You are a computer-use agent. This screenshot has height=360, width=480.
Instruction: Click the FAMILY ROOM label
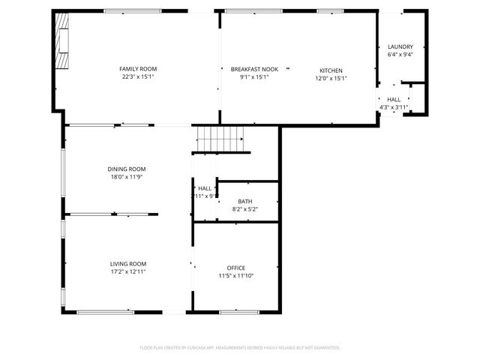(x=138, y=69)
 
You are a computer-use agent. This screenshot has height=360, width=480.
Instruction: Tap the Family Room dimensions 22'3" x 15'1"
(x=138, y=76)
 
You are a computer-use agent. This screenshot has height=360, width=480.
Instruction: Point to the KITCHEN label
(x=331, y=70)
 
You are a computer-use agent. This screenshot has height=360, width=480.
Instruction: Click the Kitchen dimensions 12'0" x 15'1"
(x=331, y=78)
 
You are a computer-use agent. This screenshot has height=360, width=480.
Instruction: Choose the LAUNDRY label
(x=400, y=47)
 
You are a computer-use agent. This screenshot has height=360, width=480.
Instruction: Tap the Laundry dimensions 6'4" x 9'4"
(x=400, y=55)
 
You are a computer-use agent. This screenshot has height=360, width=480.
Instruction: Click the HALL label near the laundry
(x=394, y=99)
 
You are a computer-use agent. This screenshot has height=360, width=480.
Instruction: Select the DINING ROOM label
(x=127, y=169)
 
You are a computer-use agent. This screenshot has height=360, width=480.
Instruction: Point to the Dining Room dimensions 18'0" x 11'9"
(x=127, y=177)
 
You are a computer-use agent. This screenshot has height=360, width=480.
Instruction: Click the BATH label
(x=245, y=202)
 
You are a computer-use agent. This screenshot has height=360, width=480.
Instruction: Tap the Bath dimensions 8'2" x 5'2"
(x=245, y=209)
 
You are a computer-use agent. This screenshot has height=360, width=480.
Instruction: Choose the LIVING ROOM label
(x=128, y=264)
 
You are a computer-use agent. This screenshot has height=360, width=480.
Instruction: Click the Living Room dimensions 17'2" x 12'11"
(x=128, y=271)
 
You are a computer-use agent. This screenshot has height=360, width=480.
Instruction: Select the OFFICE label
(x=236, y=268)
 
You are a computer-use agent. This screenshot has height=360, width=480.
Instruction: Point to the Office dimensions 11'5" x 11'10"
(x=236, y=276)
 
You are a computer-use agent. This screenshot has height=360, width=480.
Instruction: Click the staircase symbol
(x=220, y=139)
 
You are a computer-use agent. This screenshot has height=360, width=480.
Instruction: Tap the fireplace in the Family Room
(x=64, y=42)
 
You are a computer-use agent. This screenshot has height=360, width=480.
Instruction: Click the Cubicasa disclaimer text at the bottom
(x=240, y=348)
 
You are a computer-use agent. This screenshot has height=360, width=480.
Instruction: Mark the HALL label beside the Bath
(x=205, y=188)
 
